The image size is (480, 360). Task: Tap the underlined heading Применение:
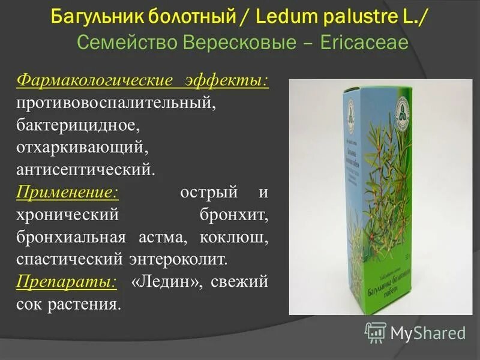pos(67,193)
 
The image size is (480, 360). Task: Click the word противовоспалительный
pos(115,103)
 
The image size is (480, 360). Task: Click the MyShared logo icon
pos(376,332)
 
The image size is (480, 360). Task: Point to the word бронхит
pos(238,215)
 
